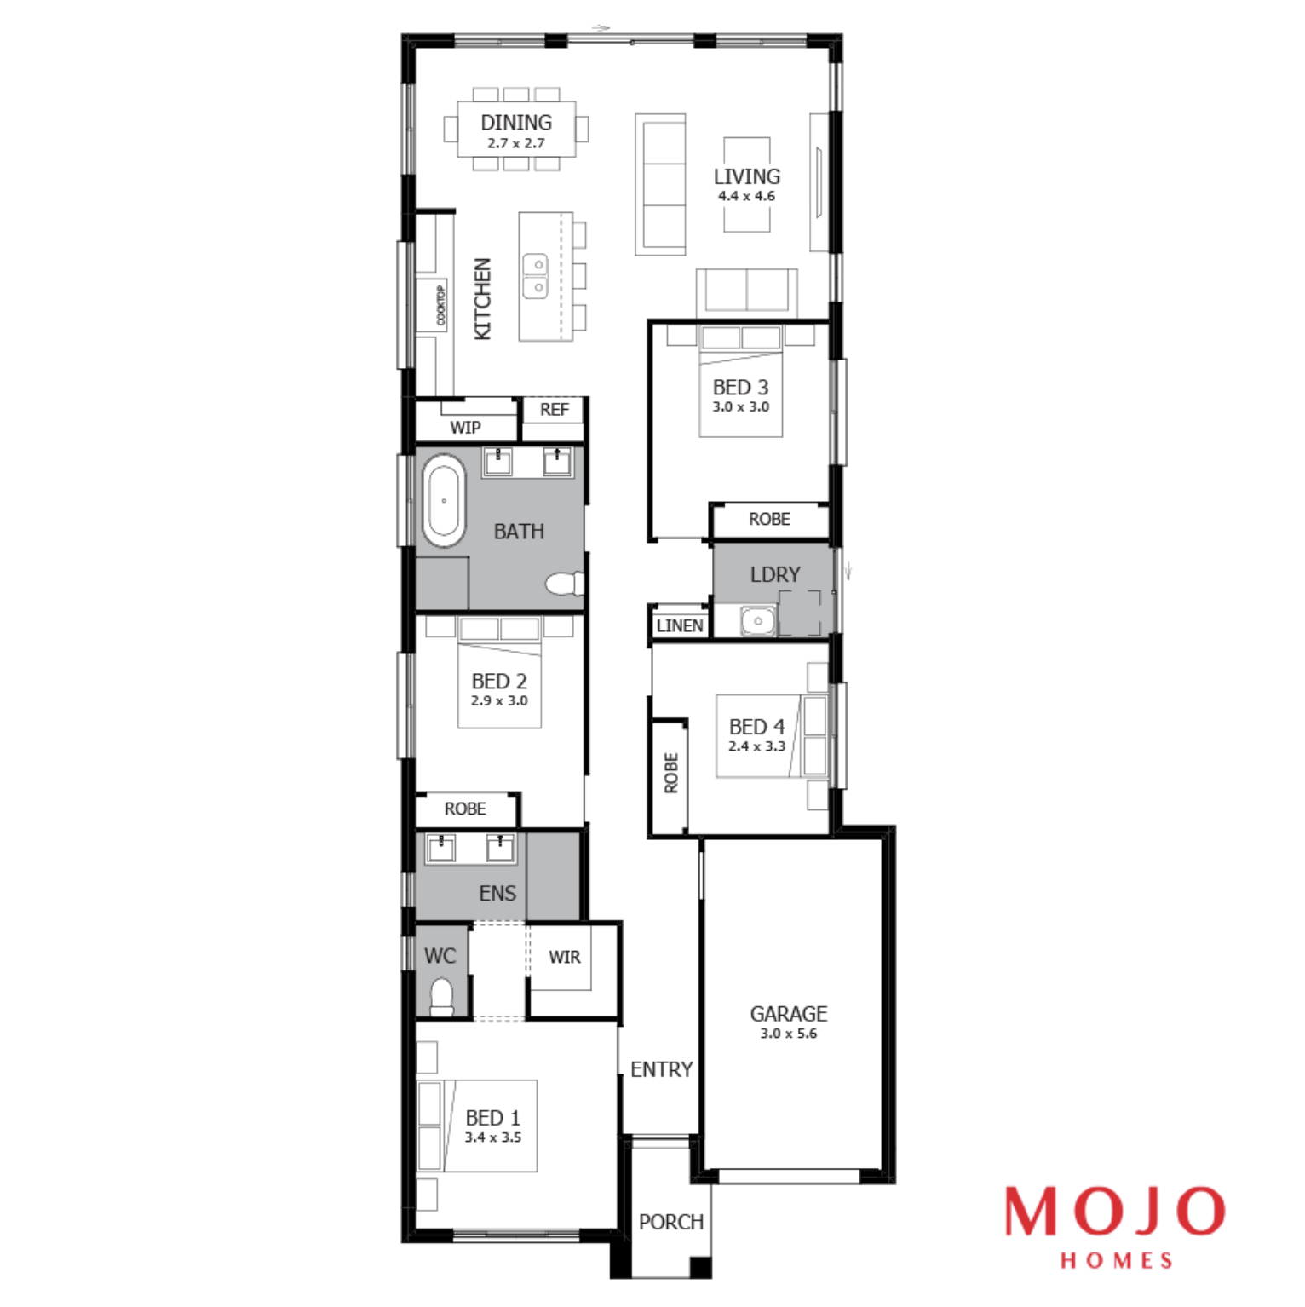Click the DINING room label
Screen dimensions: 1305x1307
(516, 123)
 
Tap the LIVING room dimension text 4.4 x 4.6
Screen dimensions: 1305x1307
(747, 196)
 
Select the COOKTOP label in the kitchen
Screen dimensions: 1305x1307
(440, 305)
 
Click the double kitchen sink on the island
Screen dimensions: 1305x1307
(535, 276)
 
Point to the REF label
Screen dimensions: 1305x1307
(555, 410)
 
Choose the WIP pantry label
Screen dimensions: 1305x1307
(465, 428)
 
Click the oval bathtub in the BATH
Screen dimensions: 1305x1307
(444, 501)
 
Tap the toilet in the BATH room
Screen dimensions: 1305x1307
(564, 584)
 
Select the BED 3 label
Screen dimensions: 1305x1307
(741, 388)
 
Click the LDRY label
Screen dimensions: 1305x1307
(775, 575)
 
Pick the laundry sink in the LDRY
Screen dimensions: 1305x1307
(757, 621)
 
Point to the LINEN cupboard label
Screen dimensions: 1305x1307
(680, 626)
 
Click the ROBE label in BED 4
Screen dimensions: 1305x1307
(671, 773)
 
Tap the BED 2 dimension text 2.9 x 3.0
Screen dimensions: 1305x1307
(499, 701)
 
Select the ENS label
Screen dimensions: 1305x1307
(497, 894)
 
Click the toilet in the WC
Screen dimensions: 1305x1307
(441, 998)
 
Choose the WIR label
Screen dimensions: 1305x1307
(565, 958)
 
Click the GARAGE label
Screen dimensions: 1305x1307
(789, 1014)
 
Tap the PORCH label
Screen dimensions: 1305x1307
(671, 1222)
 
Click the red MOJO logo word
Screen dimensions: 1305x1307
(1115, 1211)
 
